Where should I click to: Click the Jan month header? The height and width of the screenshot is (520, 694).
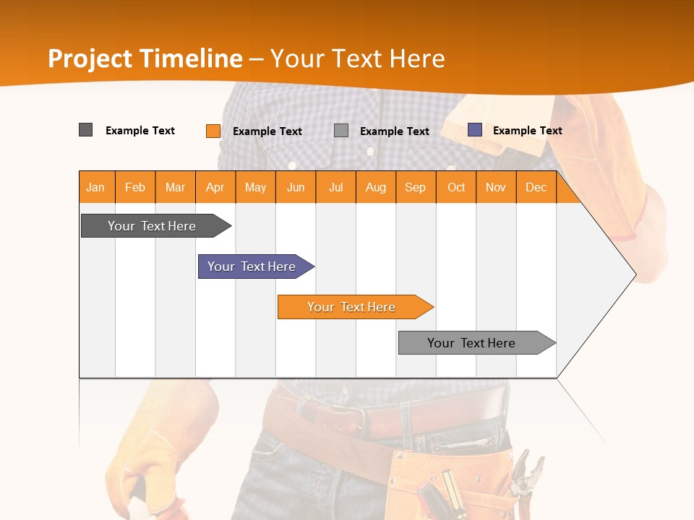(x=95, y=187)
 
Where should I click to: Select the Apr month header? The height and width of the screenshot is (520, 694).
(x=215, y=187)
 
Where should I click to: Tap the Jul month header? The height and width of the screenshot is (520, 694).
(x=335, y=187)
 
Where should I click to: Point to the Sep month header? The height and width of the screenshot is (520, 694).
(x=415, y=187)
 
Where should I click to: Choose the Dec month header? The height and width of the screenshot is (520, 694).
(x=536, y=187)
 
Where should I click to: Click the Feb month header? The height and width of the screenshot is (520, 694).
(x=135, y=187)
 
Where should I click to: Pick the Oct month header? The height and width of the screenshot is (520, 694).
(x=456, y=187)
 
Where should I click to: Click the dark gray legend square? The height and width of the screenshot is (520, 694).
(x=86, y=130)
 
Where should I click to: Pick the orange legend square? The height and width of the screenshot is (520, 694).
(x=213, y=131)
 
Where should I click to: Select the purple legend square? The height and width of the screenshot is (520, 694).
(x=475, y=130)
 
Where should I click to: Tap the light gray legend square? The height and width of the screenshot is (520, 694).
(x=341, y=131)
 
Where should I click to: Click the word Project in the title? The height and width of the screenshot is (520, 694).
(x=90, y=58)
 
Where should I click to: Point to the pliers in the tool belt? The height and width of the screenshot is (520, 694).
(x=526, y=473)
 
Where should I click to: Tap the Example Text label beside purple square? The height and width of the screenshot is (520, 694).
(x=527, y=130)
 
